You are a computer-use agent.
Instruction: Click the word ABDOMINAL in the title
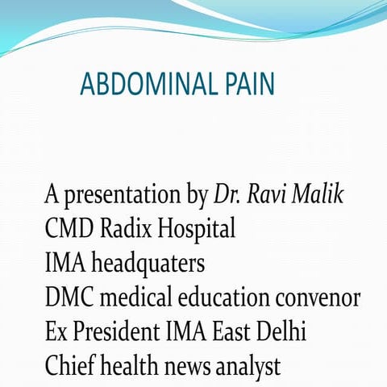150,84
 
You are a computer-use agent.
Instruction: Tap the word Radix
126,229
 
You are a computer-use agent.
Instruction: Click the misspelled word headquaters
149,264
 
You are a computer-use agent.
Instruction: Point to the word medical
135,298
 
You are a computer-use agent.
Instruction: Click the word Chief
69,365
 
